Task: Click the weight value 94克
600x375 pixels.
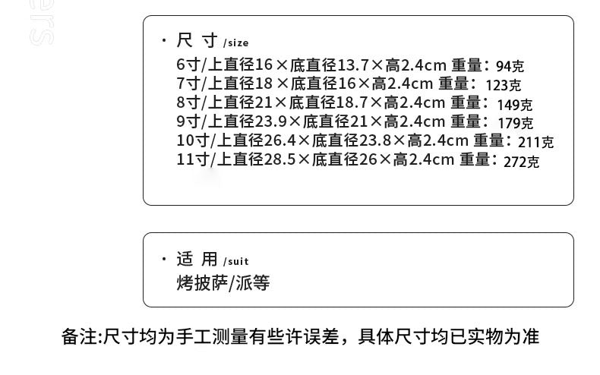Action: (x=510, y=66)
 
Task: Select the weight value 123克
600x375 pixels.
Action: (x=504, y=85)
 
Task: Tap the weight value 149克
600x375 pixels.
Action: (x=515, y=105)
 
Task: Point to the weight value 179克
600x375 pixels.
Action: (x=515, y=123)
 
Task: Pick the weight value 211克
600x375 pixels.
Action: (x=535, y=143)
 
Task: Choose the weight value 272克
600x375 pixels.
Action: (x=521, y=162)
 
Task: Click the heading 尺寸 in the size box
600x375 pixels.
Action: (x=197, y=40)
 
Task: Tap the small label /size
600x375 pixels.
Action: (x=235, y=43)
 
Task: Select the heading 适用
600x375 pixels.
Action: (x=197, y=259)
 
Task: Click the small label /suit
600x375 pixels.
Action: (x=235, y=261)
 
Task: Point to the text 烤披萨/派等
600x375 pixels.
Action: (x=223, y=283)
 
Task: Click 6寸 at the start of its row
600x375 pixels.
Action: (x=188, y=65)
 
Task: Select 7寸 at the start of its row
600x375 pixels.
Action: (x=188, y=83)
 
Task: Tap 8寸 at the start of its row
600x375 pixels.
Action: (x=188, y=102)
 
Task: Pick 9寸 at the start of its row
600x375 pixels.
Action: (x=188, y=121)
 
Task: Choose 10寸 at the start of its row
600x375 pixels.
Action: (x=193, y=140)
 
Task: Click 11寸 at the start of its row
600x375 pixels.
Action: (x=193, y=159)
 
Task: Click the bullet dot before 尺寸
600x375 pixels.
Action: (x=164, y=40)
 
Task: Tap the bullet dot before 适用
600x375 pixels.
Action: (x=164, y=259)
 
